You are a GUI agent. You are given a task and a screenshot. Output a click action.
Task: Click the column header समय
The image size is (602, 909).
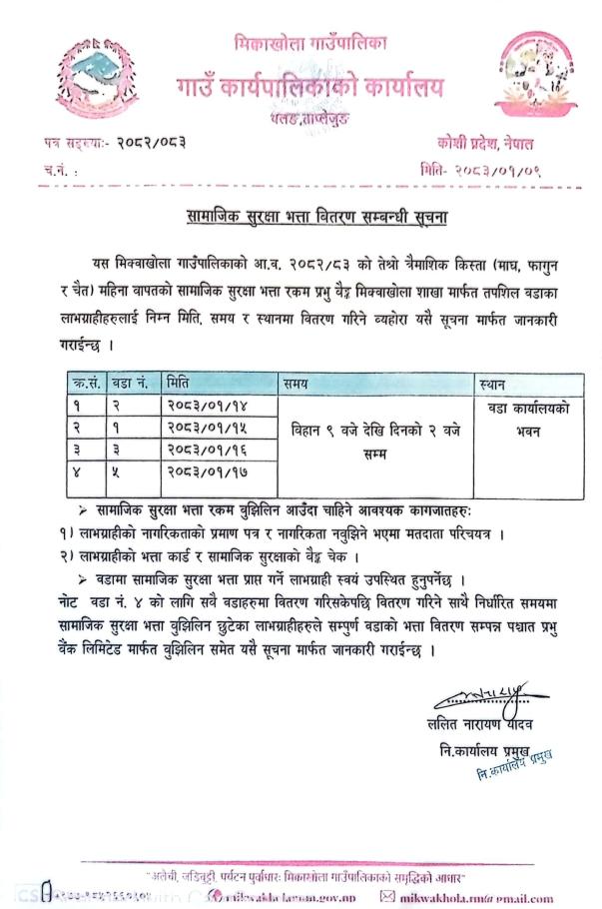coord(296,381)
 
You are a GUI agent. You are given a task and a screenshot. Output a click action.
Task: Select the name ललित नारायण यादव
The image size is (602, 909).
coord(480,723)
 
